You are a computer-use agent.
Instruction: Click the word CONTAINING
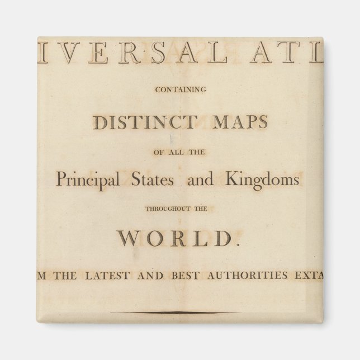point(179,89)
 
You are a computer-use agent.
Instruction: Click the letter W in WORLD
point(128,239)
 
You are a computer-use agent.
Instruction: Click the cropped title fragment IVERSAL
point(121,55)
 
